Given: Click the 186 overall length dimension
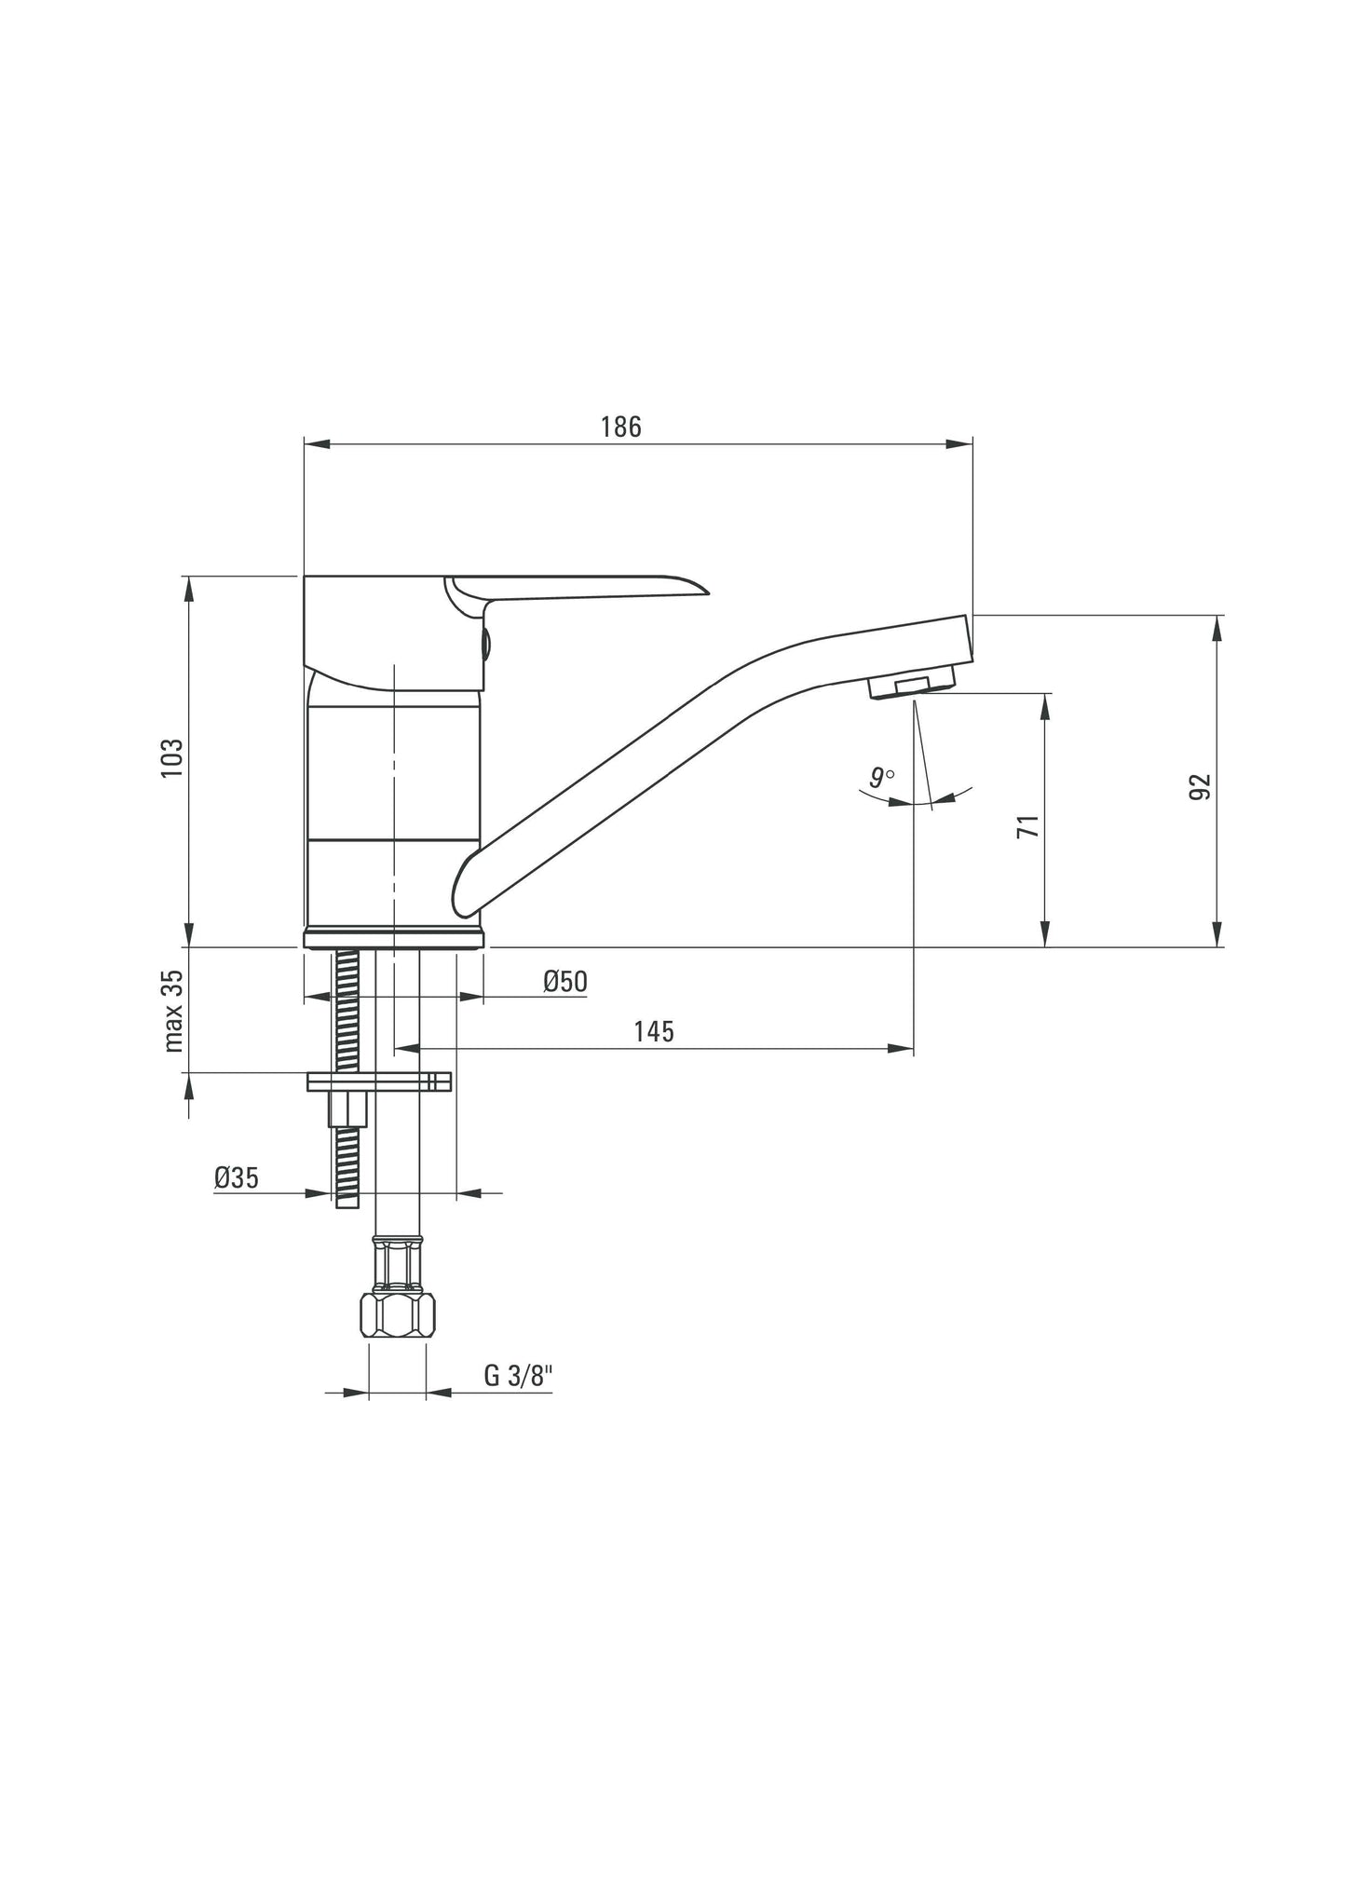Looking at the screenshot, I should (620, 427).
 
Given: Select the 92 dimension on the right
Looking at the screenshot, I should (1201, 786).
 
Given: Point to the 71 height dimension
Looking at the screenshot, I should (1027, 825).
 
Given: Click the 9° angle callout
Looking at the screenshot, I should (880, 777).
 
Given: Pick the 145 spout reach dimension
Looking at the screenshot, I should (653, 1031).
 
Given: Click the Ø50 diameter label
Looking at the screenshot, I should (564, 981).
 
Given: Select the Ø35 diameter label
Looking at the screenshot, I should (236, 1178).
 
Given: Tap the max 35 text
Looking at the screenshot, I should (173, 1011).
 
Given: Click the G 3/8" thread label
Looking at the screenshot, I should (519, 1376).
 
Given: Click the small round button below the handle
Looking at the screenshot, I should (484, 641).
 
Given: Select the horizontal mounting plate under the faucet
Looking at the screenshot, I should (378, 1081).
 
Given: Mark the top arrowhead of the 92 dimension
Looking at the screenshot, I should (1217, 627).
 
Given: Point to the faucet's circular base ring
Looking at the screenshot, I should (394, 936).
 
